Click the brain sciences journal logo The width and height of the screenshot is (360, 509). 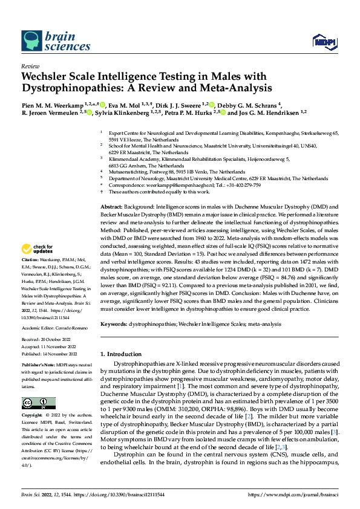tap(49, 41)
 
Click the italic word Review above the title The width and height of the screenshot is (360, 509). tap(30, 66)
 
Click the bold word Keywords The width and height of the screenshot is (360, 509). tap(114, 324)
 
